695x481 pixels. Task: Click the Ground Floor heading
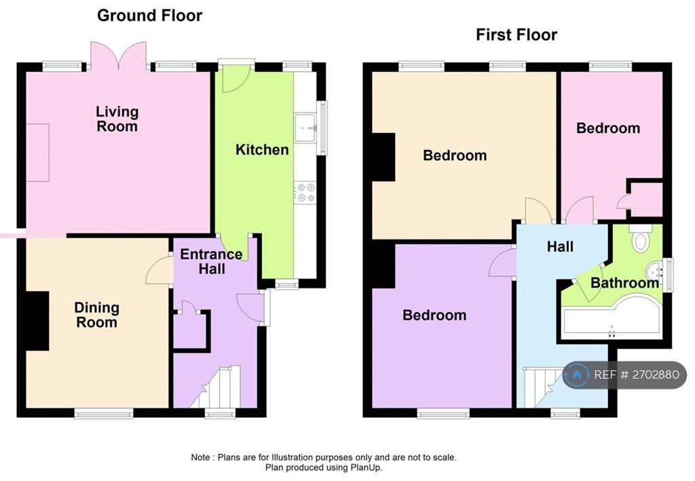tap(150, 16)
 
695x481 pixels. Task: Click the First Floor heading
tap(516, 35)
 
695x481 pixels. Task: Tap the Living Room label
tap(117, 119)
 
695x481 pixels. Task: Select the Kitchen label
tap(262, 150)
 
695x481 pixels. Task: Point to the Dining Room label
tap(96, 315)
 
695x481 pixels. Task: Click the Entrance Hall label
tap(212, 261)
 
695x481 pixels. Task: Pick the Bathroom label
tap(624, 283)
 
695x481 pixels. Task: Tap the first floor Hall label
tap(560, 246)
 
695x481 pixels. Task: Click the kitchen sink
tap(305, 128)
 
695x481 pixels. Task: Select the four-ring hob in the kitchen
tap(305, 193)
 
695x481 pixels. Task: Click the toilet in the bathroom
tap(641, 238)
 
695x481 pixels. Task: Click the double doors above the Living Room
tap(118, 56)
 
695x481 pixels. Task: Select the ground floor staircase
tap(215, 387)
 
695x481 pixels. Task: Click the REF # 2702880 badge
tap(624, 374)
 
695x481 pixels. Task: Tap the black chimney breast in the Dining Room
tap(38, 321)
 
